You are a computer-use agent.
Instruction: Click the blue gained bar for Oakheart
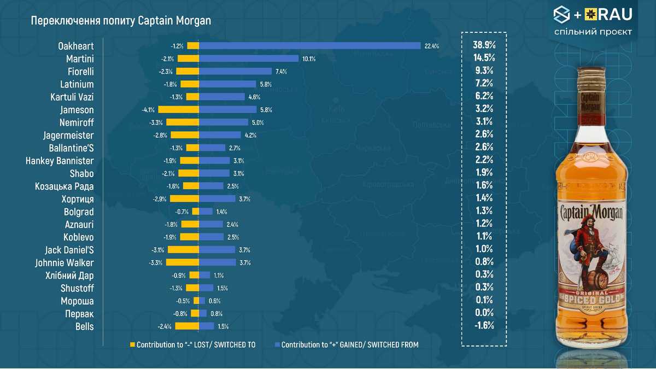(x=309, y=46)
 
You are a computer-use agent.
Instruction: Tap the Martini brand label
(x=80, y=58)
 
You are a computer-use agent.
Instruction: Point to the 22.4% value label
(x=431, y=46)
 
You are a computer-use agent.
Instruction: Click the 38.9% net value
(x=484, y=45)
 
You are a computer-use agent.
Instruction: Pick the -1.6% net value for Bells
(x=484, y=325)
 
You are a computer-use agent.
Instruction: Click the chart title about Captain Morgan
(x=121, y=20)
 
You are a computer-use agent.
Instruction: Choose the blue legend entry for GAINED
(x=347, y=345)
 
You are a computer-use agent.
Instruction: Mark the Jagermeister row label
(x=68, y=135)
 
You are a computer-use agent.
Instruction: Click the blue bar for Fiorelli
(x=235, y=72)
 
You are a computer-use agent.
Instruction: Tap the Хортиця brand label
(x=77, y=199)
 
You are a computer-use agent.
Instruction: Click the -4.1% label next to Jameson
(x=148, y=110)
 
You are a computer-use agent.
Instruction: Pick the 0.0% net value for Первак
(x=484, y=313)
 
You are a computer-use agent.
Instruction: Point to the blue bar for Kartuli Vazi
(x=221, y=97)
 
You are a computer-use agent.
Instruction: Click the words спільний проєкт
(x=593, y=32)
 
